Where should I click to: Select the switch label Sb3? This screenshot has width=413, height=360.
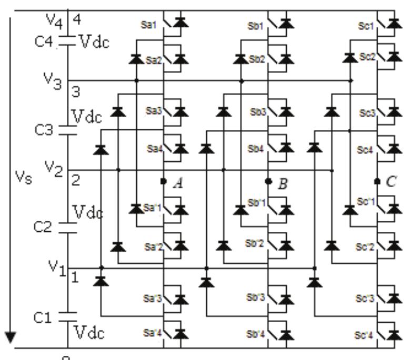click(257, 112)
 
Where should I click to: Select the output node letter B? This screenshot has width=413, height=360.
click(283, 183)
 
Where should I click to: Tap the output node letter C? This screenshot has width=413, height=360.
click(391, 182)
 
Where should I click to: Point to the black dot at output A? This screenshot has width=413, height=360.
click(164, 181)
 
